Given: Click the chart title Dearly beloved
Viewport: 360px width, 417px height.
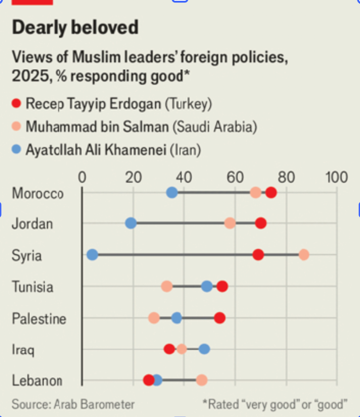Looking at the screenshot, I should coord(75,28).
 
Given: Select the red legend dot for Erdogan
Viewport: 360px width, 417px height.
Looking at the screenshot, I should coord(17,104).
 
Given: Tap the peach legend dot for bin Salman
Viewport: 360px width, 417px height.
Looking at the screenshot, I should coord(17,127).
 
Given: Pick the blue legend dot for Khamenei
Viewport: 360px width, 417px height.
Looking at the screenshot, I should coord(17,150).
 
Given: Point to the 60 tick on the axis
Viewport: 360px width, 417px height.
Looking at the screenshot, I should coord(235,177).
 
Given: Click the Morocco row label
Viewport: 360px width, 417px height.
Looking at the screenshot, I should coord(38,194).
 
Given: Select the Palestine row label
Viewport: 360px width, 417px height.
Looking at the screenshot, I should coord(39,319).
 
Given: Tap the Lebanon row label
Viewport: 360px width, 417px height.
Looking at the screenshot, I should coord(37,380).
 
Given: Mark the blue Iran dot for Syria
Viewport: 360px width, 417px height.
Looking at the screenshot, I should coord(92,255).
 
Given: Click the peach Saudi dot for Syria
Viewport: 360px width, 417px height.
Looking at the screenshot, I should coord(304,255).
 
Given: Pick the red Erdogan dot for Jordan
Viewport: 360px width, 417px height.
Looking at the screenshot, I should coord(261,223).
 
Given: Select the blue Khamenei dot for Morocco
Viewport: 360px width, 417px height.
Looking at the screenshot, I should coord(172,193).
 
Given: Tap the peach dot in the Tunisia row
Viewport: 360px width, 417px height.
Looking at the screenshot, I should coord(167,287).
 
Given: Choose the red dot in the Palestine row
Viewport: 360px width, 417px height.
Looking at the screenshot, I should coord(220,318).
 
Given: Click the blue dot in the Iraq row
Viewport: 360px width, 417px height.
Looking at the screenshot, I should coord(204,349).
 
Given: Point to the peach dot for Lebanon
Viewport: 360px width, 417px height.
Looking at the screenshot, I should coord(202,380).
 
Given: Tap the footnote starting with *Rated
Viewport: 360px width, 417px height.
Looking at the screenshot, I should coord(275,404).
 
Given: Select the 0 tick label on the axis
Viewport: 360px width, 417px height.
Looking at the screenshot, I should coord(82,177).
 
